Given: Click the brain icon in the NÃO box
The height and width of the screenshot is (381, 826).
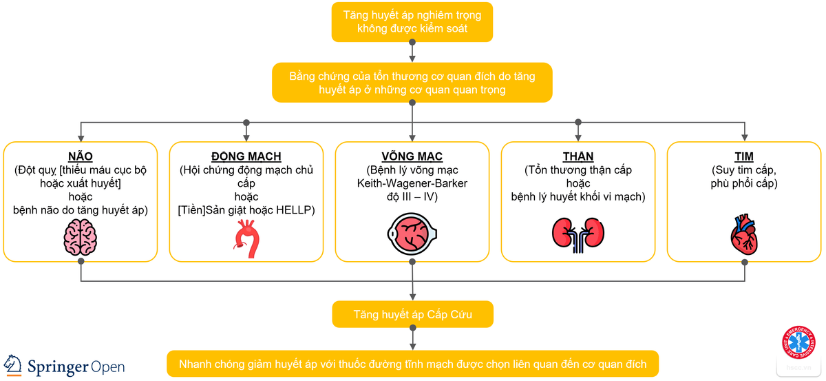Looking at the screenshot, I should click(x=81, y=238).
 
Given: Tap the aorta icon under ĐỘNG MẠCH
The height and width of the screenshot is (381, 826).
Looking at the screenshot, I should click(x=246, y=238).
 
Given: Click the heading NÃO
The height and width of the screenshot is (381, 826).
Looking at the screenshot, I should click(x=81, y=156).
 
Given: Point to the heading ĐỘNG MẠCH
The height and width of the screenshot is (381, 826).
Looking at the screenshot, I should click(x=246, y=156).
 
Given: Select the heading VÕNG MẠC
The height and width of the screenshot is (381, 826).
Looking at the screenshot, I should click(x=412, y=156).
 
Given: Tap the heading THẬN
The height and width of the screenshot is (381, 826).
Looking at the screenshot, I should click(x=578, y=156).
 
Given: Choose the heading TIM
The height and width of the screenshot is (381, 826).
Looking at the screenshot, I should click(x=743, y=156).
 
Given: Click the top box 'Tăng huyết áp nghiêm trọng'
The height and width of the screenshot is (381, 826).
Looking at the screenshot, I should click(x=412, y=21).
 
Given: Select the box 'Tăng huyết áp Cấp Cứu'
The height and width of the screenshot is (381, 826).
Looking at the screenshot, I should click(x=412, y=314).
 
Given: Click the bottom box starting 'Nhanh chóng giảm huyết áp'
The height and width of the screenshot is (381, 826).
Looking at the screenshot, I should click(x=412, y=364).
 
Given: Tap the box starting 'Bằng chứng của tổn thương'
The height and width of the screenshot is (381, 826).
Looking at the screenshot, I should click(x=412, y=83).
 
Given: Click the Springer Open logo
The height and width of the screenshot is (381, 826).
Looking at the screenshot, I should click(x=65, y=365).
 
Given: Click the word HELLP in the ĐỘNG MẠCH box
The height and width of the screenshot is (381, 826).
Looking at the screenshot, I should click(x=297, y=210).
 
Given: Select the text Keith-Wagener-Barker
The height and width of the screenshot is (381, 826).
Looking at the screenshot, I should click(x=412, y=183).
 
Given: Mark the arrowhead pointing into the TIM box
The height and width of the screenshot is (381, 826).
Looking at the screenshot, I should click(x=743, y=137).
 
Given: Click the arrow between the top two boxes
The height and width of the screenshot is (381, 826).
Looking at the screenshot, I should click(x=412, y=53).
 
